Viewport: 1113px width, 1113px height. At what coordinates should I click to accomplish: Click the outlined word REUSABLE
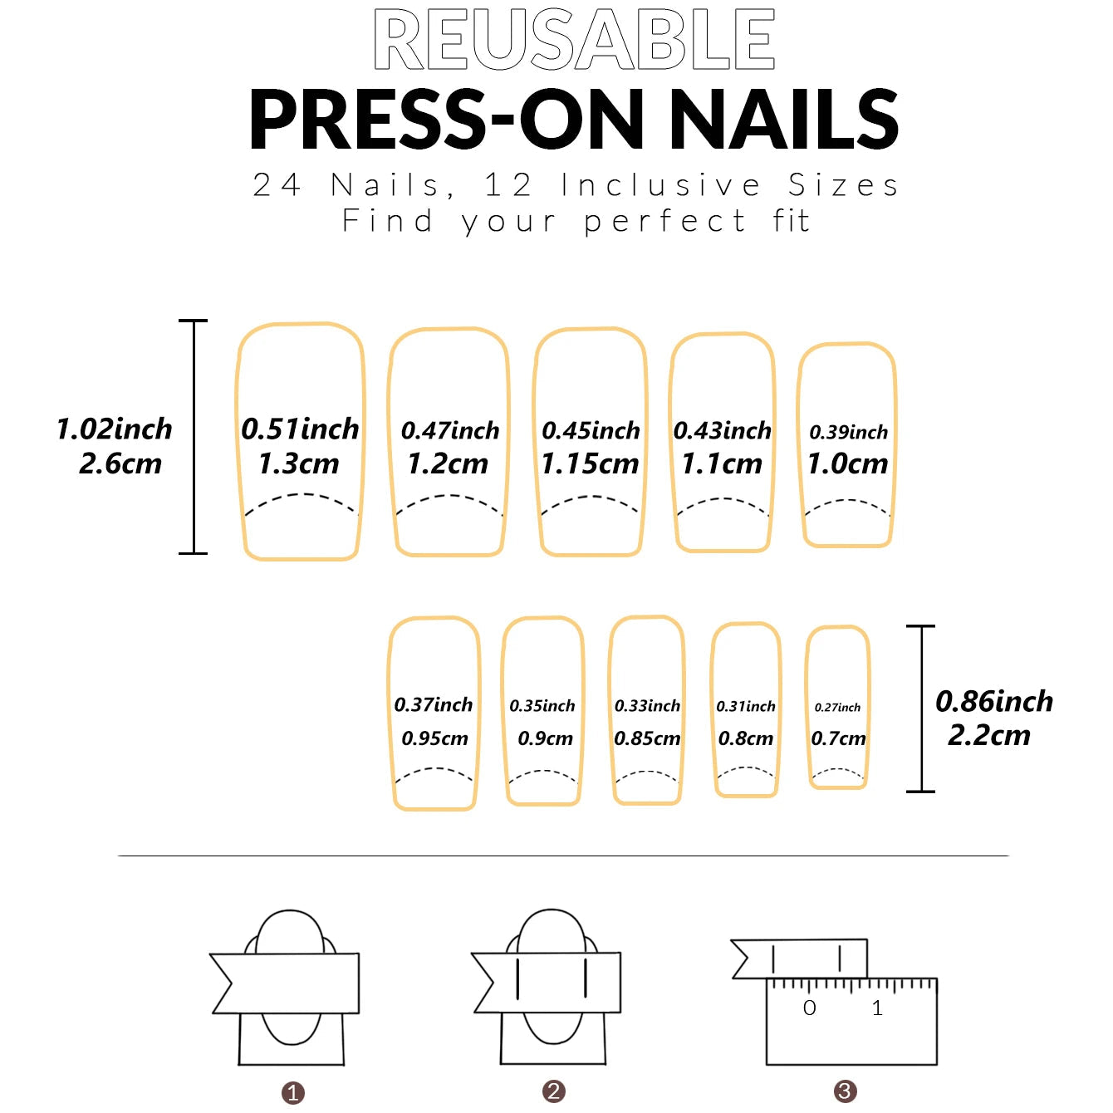pyautogui.click(x=574, y=39)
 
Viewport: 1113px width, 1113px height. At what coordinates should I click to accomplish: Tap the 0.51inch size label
pyautogui.click(x=300, y=429)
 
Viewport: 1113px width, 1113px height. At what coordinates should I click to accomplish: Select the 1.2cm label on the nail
pyautogui.click(x=448, y=463)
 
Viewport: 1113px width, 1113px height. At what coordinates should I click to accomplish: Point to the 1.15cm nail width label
pyautogui.click(x=590, y=463)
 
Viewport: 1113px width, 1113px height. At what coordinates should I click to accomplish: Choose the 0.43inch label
pyautogui.click(x=722, y=430)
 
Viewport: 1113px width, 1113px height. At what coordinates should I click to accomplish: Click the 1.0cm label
pyautogui.click(x=847, y=463)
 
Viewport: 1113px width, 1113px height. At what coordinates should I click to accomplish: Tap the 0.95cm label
pyautogui.click(x=434, y=738)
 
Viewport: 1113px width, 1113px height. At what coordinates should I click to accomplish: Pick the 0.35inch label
pyautogui.click(x=542, y=706)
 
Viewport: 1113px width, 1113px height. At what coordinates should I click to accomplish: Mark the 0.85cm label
pyautogui.click(x=647, y=738)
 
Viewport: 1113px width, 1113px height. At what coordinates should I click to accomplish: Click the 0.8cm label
pyautogui.click(x=746, y=738)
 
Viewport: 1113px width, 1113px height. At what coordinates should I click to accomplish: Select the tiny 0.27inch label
pyautogui.click(x=837, y=708)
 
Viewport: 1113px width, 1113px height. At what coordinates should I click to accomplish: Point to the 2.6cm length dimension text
pyautogui.click(x=120, y=463)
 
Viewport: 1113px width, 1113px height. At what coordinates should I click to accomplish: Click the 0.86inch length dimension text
pyautogui.click(x=993, y=701)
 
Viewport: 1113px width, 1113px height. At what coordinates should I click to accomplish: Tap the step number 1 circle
pyautogui.click(x=293, y=1093)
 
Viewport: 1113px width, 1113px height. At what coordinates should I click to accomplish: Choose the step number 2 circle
pyautogui.click(x=554, y=1091)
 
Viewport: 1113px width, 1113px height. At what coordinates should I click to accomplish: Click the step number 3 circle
pyautogui.click(x=845, y=1091)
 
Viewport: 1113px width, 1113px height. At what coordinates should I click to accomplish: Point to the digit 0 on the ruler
pyautogui.click(x=810, y=1008)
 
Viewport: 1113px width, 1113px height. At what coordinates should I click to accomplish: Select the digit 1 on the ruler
pyautogui.click(x=877, y=1008)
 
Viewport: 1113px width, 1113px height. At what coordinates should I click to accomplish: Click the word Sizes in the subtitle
pyautogui.click(x=843, y=185)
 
